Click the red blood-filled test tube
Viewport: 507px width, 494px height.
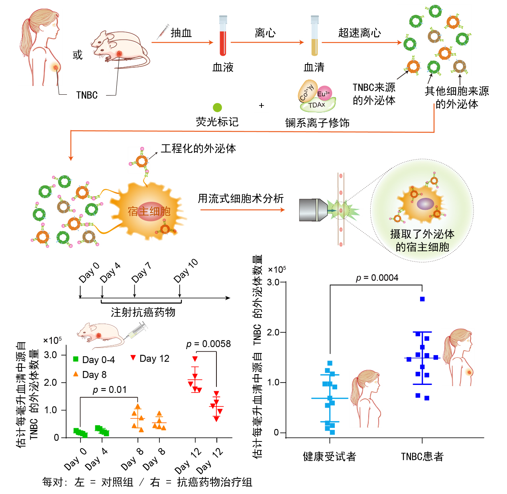(223, 36)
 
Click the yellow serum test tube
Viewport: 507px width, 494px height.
(314, 36)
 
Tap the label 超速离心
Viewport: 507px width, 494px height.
(359, 33)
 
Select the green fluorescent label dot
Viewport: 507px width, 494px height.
(217, 107)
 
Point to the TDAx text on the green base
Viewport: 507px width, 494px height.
(316, 105)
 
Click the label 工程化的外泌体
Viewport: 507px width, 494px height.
(198, 148)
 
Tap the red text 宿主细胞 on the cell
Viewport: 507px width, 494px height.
(149, 211)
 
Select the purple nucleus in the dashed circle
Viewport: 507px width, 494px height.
(425, 204)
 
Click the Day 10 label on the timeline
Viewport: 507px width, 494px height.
(186, 271)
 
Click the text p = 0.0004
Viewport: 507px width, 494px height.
(377, 277)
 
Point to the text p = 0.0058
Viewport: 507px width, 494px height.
(208, 344)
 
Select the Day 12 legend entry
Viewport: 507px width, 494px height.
(150, 359)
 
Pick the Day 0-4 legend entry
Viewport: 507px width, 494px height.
(94, 359)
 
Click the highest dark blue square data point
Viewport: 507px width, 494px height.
(422, 299)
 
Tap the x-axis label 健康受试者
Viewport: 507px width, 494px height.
(329, 457)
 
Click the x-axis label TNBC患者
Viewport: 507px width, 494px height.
(422, 457)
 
